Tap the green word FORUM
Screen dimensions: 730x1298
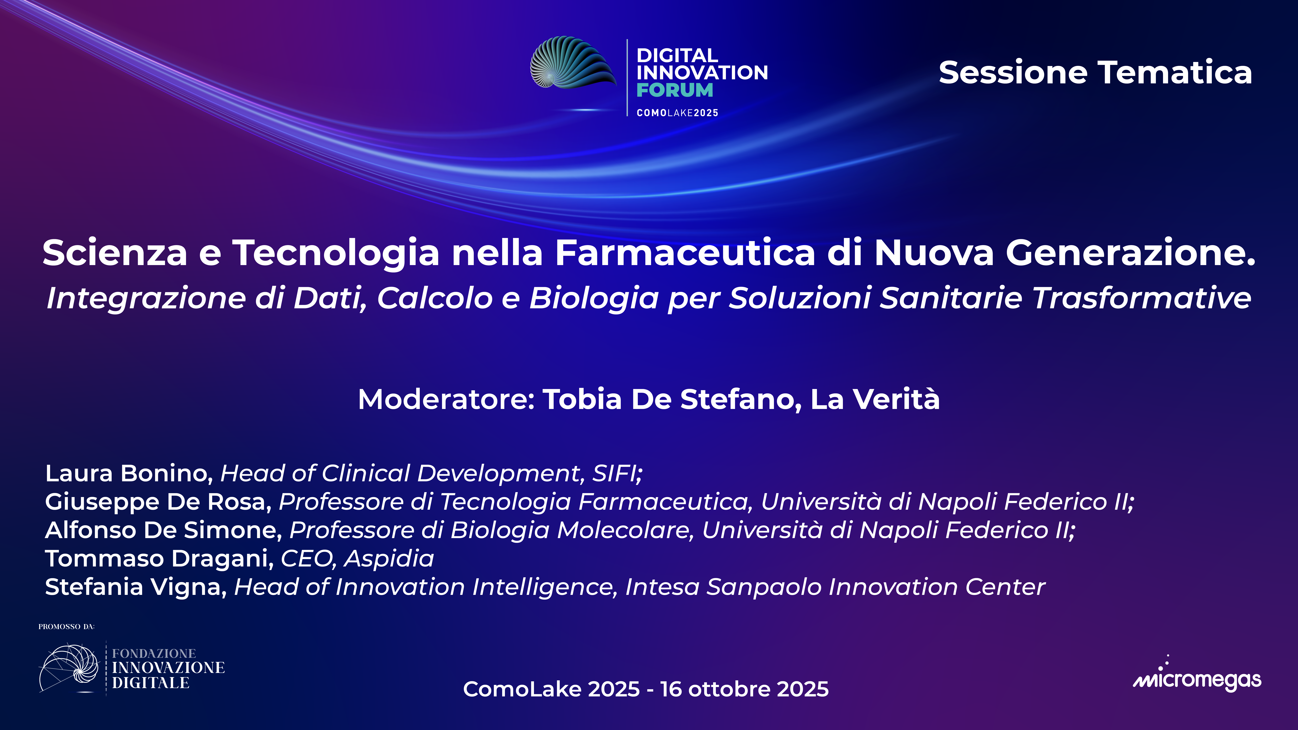tap(675, 90)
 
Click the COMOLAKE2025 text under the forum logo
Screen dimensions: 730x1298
tap(677, 113)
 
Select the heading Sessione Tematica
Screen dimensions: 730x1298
tap(1095, 73)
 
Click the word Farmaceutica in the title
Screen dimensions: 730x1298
tap(685, 252)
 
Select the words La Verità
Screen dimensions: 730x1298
tap(875, 400)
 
